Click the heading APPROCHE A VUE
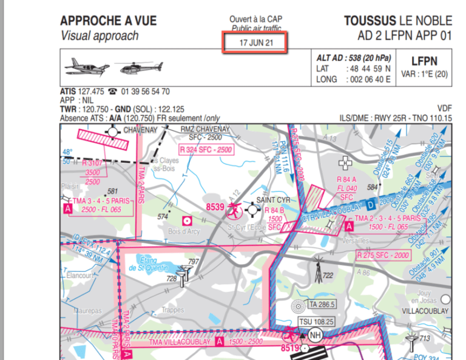coord(108,21)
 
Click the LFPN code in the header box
coord(424,61)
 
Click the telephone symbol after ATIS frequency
coord(112,92)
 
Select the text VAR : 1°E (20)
coord(424,75)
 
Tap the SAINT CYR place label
coord(274,200)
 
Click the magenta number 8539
coord(216,208)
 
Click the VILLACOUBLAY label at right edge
coord(424,310)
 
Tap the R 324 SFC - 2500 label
coord(206,149)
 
